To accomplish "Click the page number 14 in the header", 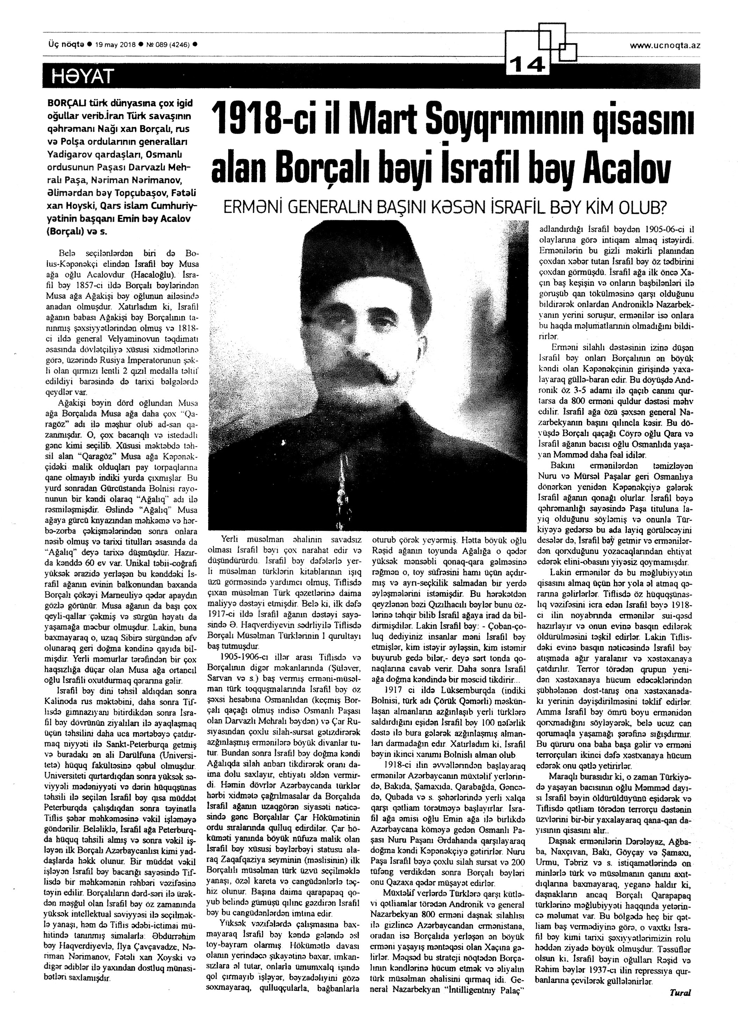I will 529,66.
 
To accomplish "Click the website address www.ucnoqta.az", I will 664,45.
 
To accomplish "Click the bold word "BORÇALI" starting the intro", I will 66,103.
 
